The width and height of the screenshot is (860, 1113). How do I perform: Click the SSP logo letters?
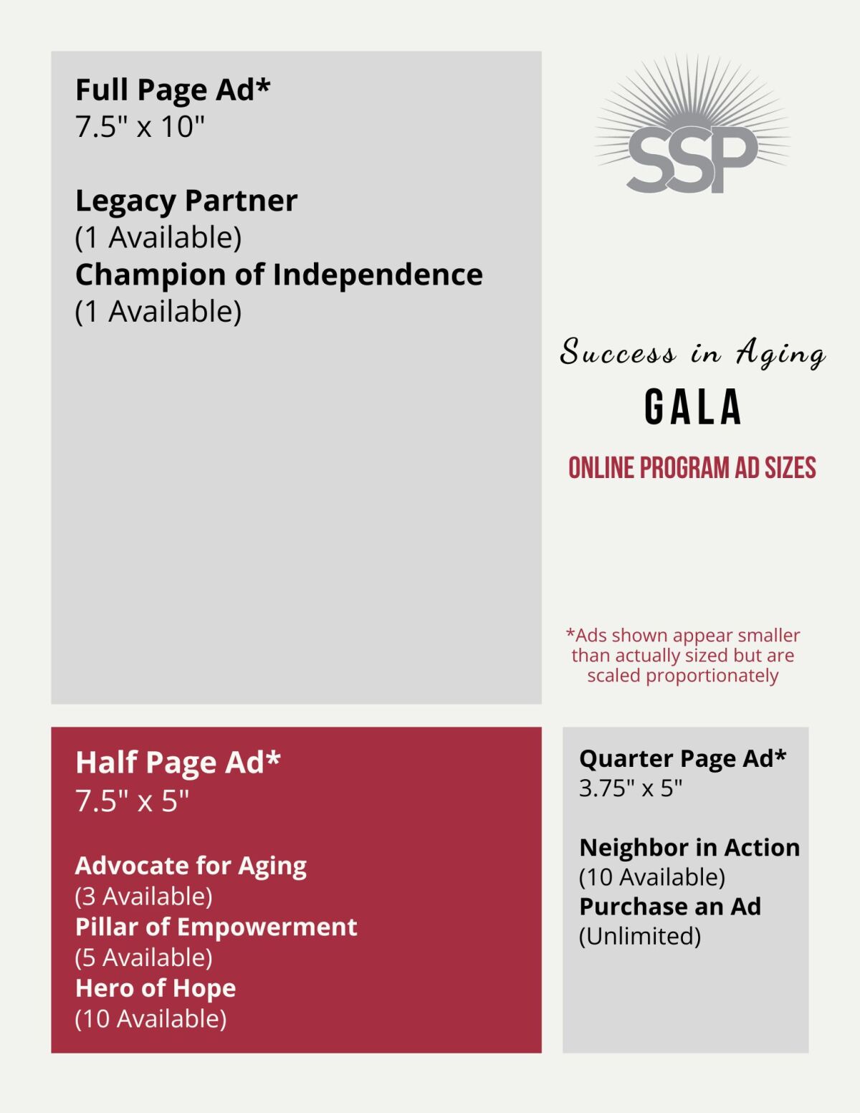tap(692, 160)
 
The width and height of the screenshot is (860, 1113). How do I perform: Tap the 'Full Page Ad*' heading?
tap(173, 90)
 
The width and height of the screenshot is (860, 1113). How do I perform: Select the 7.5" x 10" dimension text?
tap(140, 127)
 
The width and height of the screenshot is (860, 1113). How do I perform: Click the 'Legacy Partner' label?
tap(186, 201)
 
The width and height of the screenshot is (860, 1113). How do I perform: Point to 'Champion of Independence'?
tap(279, 274)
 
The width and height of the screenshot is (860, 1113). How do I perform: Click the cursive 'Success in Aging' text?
tap(692, 353)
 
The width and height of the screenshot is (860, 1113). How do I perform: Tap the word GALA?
tap(692, 407)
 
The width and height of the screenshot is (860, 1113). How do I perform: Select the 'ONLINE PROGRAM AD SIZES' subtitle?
tap(692, 468)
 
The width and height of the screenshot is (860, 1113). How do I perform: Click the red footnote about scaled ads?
tap(683, 655)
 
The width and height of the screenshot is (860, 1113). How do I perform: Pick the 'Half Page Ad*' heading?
tap(178, 763)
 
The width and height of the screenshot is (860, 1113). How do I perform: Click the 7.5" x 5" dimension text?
tap(133, 801)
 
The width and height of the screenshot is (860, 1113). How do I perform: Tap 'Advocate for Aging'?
tap(191, 866)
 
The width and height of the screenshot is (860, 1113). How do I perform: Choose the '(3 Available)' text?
tap(143, 897)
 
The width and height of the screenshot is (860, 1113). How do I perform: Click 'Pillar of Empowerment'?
tap(216, 927)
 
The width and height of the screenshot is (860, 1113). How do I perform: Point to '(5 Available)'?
tap(143, 957)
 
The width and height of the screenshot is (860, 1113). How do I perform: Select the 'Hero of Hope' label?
tap(156, 988)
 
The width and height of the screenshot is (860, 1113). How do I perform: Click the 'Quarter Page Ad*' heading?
tap(683, 758)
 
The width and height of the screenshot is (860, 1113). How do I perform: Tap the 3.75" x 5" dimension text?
tap(631, 788)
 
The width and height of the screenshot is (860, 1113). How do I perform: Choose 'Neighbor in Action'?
tap(689, 848)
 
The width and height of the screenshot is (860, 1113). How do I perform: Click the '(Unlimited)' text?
tap(640, 936)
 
